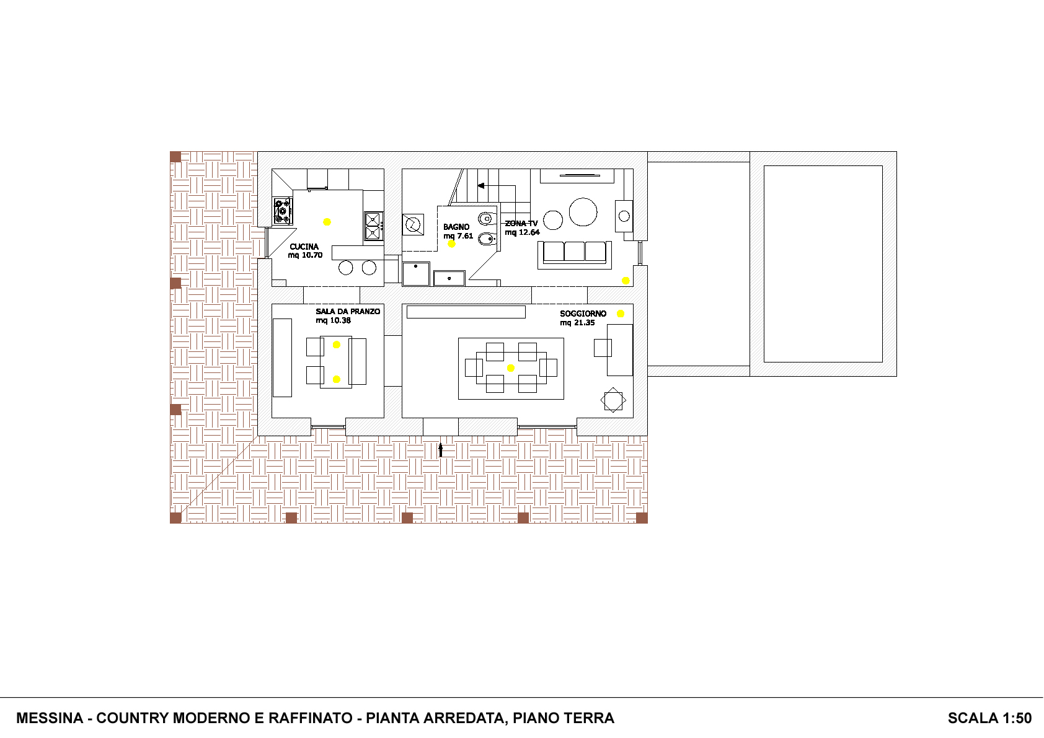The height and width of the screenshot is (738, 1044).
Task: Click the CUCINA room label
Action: click(304, 247)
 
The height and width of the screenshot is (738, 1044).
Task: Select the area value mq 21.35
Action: click(577, 323)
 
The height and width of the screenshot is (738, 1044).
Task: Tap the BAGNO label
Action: click(456, 227)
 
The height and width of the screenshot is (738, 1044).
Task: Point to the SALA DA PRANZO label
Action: click(348, 311)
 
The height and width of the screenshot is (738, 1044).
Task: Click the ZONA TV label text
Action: click(521, 224)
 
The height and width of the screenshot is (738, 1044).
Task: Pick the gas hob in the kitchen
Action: click(283, 211)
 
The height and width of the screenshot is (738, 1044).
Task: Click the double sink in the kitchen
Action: click(373, 226)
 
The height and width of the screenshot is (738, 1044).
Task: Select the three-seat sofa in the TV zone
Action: click(575, 255)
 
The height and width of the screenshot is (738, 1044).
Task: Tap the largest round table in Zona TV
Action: click(583, 212)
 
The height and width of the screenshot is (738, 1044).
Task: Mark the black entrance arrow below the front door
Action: click(440, 450)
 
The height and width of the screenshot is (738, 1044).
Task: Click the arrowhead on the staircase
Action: click(481, 186)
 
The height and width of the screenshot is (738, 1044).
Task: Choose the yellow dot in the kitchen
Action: click(327, 222)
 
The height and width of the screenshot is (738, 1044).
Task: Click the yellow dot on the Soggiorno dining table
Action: click(510, 368)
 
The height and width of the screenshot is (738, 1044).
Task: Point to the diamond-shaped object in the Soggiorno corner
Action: click(613, 400)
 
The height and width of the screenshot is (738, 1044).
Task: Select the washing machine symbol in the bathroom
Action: click(413, 224)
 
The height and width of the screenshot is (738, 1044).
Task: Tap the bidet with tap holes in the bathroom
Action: click(487, 239)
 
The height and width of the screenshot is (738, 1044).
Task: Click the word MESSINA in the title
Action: click(50, 718)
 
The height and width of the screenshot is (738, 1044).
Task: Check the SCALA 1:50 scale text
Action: click(989, 718)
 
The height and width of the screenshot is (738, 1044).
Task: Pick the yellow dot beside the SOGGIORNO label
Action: click(621, 314)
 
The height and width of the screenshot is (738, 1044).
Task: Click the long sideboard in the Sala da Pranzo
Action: click(282, 358)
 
